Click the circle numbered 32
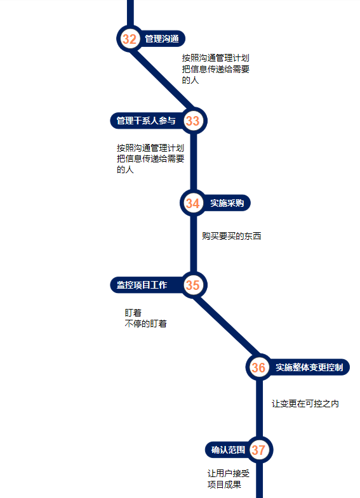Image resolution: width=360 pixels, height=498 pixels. click(130, 39)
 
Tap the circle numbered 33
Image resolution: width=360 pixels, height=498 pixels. click(193, 121)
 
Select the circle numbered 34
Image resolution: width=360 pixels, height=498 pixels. click(193, 203)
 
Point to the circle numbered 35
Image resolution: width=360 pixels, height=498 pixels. click(193, 285)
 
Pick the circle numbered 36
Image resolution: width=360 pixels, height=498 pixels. click(258, 367)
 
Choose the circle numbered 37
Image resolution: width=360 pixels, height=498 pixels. click(258, 450)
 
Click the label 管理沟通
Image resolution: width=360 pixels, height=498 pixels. click(162, 39)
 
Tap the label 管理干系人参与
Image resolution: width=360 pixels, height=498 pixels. click(146, 121)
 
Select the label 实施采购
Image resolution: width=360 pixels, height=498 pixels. click(227, 203)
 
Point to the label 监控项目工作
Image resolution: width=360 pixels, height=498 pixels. click(142, 285)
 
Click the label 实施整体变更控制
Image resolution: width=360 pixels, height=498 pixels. click(309, 367)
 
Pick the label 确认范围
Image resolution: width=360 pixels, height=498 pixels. click(228, 450)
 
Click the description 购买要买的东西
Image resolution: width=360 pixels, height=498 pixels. click(231, 236)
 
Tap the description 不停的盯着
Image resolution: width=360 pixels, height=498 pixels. click(145, 324)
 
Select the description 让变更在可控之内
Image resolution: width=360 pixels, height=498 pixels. click(305, 403)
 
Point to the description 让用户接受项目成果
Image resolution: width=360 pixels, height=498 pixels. click(229, 479)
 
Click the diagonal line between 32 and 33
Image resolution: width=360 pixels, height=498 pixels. click(161, 80)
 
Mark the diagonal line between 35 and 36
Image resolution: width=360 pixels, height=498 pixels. click(226, 326)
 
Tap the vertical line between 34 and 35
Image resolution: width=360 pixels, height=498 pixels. click(194, 244)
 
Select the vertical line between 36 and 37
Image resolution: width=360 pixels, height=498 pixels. click(259, 409)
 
